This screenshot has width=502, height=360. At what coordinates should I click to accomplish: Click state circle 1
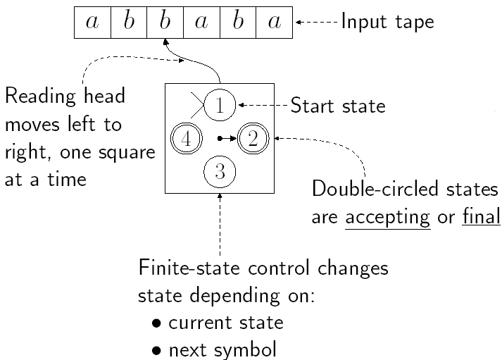point(220,106)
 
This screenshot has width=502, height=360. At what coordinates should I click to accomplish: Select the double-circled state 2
point(253,138)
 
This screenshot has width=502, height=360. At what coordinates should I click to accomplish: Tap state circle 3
point(220,170)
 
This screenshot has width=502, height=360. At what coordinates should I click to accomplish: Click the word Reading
point(34,96)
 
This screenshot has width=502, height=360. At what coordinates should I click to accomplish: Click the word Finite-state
point(177,270)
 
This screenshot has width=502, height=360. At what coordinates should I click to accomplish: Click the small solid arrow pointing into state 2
point(229,138)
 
